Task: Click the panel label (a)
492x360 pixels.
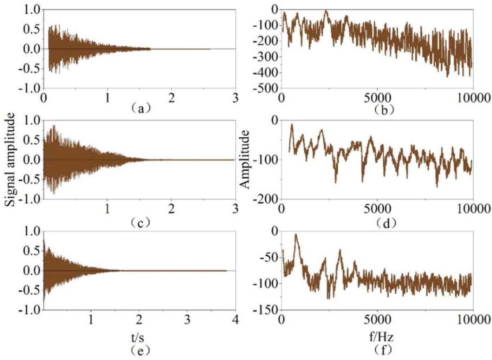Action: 140,109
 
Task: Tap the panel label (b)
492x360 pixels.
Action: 384,110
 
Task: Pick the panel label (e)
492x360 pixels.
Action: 140,351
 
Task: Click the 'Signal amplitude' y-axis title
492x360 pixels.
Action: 10,160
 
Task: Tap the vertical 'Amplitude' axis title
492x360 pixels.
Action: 245,160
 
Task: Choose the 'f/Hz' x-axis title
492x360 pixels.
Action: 381,336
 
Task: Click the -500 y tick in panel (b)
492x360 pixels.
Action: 265,88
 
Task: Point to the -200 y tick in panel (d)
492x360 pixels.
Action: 265,199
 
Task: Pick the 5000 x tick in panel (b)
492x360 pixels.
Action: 377,98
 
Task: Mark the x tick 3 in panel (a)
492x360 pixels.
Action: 236,98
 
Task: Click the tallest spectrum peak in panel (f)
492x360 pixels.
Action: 296,234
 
